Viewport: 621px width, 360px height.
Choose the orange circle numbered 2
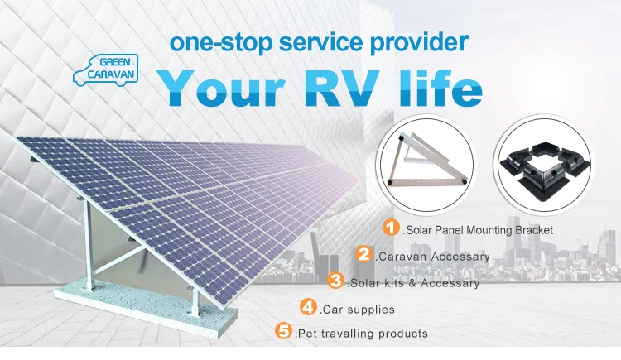point(363,254)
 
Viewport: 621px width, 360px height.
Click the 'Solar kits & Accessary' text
point(413,283)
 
